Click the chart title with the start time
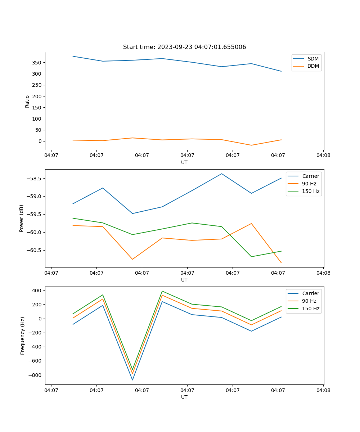tap(184, 47)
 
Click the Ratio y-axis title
tap(27, 101)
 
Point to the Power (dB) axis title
tap(22, 218)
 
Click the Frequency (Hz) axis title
tap(22, 336)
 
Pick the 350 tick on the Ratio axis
tap(37, 63)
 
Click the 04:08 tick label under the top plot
tap(323, 156)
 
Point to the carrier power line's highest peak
tap(222, 174)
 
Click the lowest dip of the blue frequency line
tap(132, 380)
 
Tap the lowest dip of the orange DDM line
tap(251, 145)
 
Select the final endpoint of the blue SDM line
tap(281, 71)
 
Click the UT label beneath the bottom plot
tap(184, 397)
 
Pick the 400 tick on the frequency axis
tap(37, 291)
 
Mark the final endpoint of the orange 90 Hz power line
tap(281, 263)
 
